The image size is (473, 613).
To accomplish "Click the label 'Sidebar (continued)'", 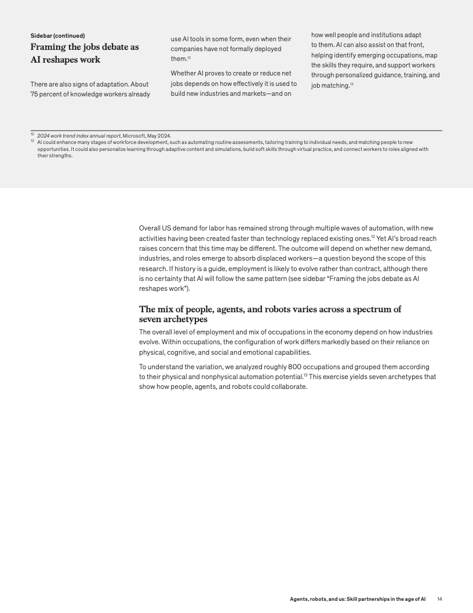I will [57, 35].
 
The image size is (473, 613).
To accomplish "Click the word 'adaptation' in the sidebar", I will [104, 85].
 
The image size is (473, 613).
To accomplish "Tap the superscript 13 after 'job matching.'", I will [352, 85].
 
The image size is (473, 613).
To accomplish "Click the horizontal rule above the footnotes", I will [236, 131].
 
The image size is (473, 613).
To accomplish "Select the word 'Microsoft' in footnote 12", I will [134, 136].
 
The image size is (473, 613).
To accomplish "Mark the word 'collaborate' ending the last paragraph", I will [288, 387].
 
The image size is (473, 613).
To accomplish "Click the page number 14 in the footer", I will [439, 598].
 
